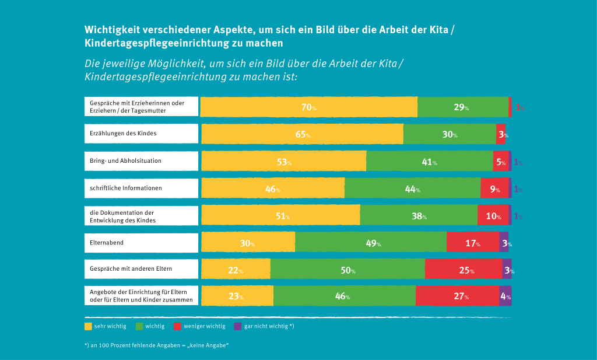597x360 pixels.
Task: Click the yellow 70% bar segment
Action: click(x=309, y=107)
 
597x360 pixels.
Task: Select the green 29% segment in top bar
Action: click(x=463, y=107)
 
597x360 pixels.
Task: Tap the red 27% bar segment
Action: click(x=457, y=296)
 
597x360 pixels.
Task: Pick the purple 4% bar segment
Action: click(x=505, y=296)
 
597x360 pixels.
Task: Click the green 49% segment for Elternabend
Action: click(x=371, y=243)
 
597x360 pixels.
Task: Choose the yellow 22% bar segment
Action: click(x=236, y=270)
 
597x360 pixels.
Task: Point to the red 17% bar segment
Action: click(x=473, y=243)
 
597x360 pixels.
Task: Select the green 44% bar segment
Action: click(x=412, y=188)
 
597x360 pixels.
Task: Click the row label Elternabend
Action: click(x=103, y=242)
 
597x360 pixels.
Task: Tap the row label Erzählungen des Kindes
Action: click(x=123, y=134)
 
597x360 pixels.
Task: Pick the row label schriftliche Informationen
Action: click(x=126, y=188)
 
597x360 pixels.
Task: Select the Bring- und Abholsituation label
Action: click(x=125, y=160)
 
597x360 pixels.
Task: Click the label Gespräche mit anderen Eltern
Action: click(x=131, y=269)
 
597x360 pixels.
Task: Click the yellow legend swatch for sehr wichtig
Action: click(x=89, y=326)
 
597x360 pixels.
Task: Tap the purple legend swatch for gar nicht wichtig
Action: click(x=237, y=326)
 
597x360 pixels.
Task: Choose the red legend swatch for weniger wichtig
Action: click(x=178, y=326)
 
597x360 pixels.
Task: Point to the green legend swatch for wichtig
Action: click(x=140, y=326)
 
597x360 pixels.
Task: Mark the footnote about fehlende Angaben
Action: click(x=156, y=345)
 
